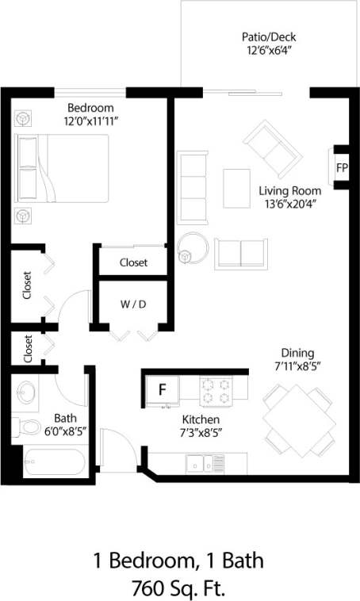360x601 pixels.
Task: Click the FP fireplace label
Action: point(342,168)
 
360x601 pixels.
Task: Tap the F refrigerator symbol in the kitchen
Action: point(163,389)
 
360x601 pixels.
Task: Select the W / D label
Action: point(132,304)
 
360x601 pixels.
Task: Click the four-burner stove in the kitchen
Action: point(215,389)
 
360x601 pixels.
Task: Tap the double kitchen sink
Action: point(200,462)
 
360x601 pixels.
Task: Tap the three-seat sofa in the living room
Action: point(191,187)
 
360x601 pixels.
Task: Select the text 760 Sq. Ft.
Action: point(179,588)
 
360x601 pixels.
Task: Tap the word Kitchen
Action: point(201,419)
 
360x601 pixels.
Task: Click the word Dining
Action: point(297,353)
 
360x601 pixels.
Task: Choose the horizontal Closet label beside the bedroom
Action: point(133,262)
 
